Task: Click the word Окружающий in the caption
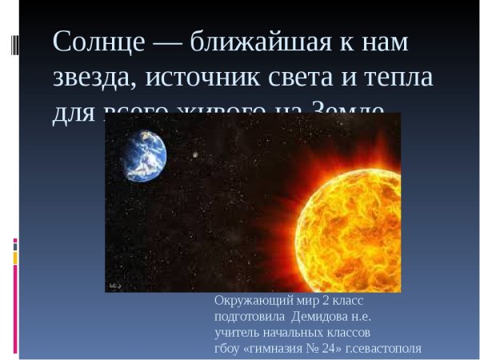pos(254,302)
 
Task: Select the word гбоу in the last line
pos(226,348)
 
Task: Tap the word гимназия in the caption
pos(274,348)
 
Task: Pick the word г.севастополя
pos(383,348)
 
